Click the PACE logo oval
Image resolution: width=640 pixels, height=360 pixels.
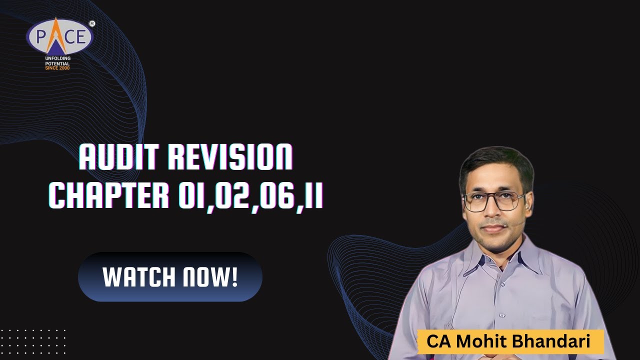[x=60, y=36]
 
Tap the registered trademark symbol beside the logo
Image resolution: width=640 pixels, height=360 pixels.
[x=92, y=23]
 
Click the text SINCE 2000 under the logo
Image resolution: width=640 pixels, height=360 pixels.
[x=57, y=67]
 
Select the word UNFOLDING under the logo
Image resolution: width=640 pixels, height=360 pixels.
[x=57, y=58]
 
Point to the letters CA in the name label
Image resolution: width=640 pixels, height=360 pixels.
[x=436, y=342]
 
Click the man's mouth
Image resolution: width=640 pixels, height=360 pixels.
[x=493, y=228]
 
